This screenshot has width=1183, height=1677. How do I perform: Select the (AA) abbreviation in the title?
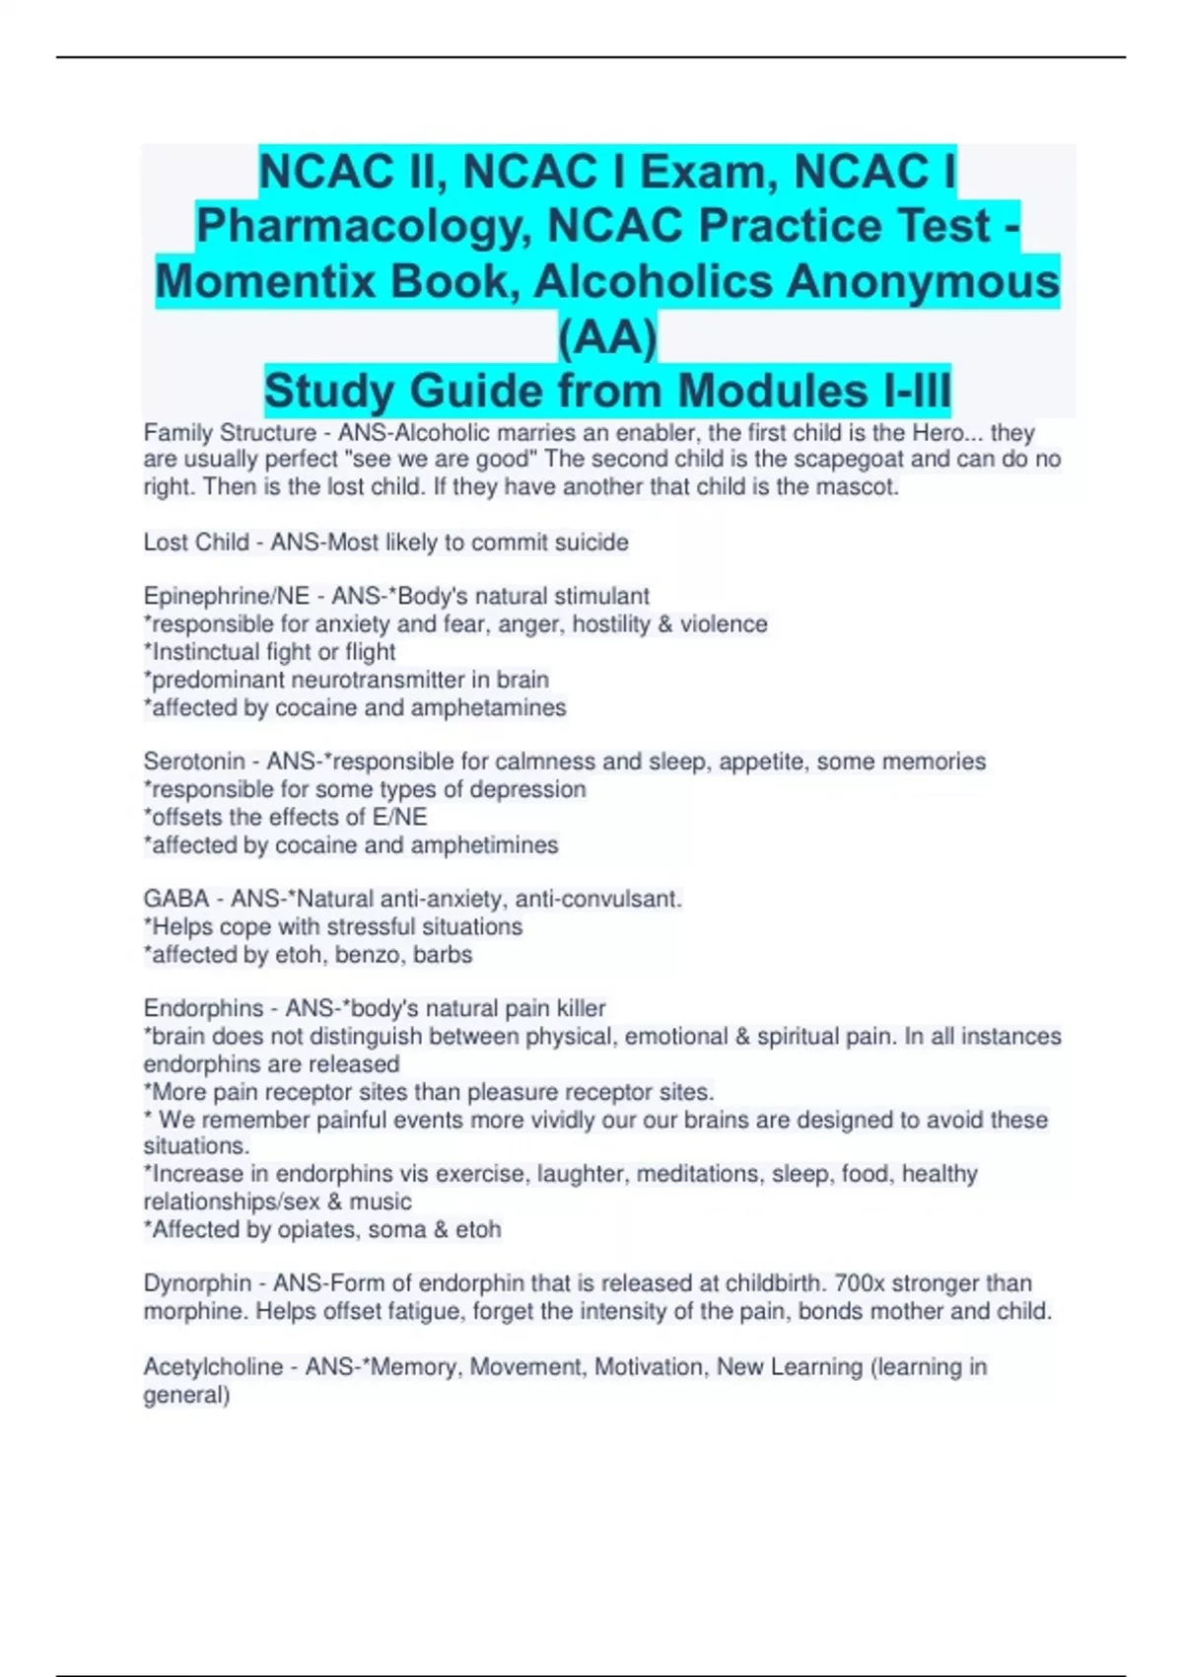607,337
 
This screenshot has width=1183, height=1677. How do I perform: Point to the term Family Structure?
230,433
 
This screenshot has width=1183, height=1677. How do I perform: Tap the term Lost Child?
196,543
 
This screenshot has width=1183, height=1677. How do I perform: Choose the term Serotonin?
194,762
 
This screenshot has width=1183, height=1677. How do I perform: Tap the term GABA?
176,900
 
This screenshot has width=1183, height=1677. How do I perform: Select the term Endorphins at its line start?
203,1009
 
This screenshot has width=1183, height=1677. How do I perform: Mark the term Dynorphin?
197,1283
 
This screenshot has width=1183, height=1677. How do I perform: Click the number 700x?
865,1283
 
